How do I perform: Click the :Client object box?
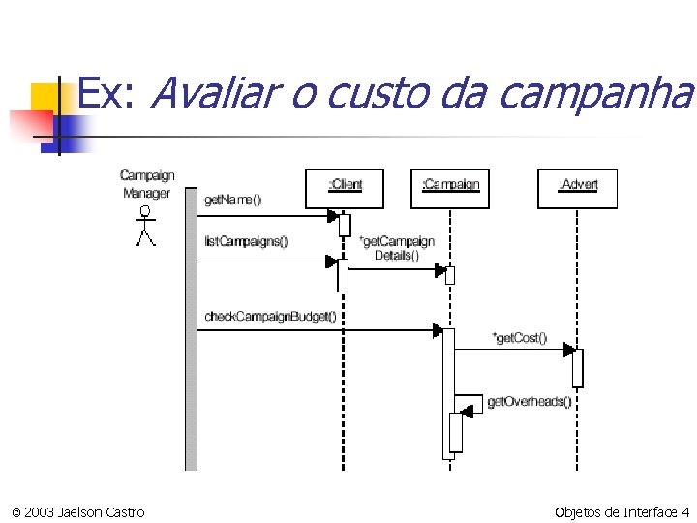(x=345, y=189)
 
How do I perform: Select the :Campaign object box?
(x=450, y=189)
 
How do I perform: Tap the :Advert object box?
(x=577, y=189)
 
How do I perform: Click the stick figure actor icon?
(x=145, y=226)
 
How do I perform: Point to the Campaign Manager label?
(x=146, y=183)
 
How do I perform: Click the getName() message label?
(x=232, y=200)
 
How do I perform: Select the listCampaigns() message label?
(x=246, y=241)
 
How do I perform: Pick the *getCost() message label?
(x=520, y=337)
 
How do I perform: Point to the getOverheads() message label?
(x=529, y=401)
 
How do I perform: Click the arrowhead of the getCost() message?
(x=569, y=350)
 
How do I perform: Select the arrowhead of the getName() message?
(x=332, y=217)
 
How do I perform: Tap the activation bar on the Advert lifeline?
(x=578, y=368)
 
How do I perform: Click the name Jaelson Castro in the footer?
(x=101, y=511)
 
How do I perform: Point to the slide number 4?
(x=685, y=511)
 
